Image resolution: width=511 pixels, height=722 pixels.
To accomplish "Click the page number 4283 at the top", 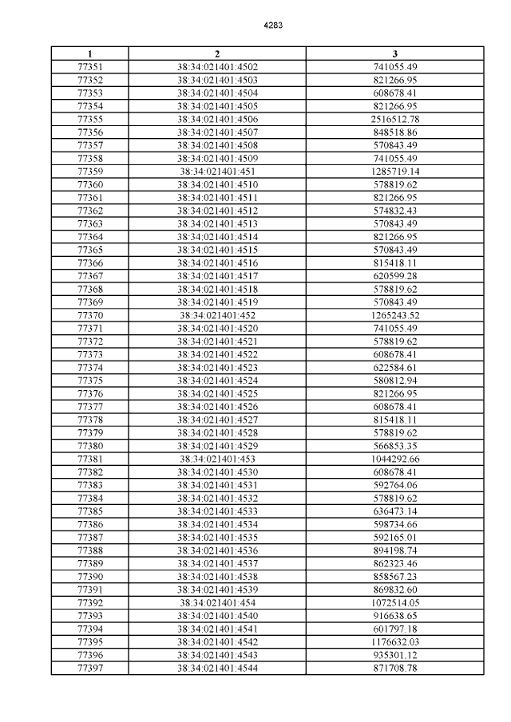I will tap(273, 25).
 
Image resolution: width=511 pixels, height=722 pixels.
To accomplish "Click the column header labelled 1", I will tap(89, 53).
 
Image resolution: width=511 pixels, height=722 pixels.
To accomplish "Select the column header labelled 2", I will tap(216, 53).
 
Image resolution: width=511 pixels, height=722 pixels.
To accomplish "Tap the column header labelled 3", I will tap(395, 53).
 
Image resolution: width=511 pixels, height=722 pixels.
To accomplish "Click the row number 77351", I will tap(89, 66).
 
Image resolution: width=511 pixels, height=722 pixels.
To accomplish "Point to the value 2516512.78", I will tap(395, 119).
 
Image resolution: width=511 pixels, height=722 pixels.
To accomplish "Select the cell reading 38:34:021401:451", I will tap(216, 172).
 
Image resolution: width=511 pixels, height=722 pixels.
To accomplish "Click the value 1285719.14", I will tap(395, 172).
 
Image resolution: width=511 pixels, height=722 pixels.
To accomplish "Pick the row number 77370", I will tap(89, 315).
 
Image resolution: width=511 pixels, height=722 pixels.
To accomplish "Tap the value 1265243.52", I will tap(395, 315).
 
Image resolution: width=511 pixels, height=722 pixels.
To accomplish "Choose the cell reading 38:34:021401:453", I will tap(216, 460).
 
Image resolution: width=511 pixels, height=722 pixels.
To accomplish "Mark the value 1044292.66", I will tap(395, 460).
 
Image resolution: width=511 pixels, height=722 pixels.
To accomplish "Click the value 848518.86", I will tap(395, 132).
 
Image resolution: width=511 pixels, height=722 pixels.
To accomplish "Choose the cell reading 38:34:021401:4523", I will tap(216, 368).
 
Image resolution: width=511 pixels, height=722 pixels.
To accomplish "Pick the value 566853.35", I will tap(395, 446).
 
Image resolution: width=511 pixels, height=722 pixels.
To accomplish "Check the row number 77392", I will tap(89, 603).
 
